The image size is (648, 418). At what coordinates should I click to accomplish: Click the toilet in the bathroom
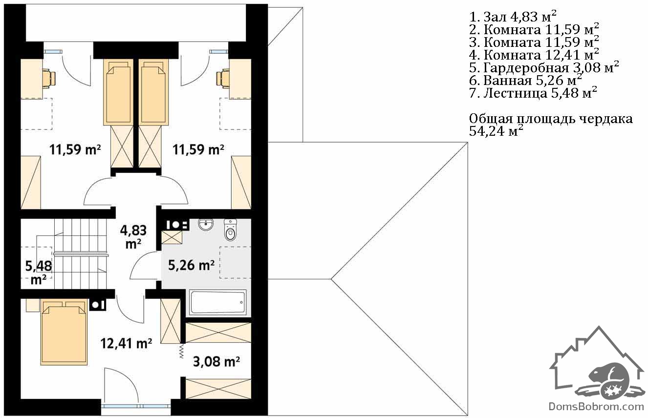(230, 230)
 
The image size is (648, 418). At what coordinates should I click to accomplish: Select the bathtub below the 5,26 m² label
(218, 302)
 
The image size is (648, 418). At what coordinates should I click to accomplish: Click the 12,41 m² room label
(126, 343)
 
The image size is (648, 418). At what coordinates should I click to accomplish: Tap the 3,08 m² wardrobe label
(216, 361)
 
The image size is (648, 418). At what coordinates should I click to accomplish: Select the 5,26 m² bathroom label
(191, 265)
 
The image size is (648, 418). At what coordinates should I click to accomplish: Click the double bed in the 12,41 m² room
(64, 332)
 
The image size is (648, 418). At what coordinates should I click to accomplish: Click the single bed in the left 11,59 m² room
(118, 92)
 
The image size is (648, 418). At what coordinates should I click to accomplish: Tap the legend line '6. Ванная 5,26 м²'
(526, 80)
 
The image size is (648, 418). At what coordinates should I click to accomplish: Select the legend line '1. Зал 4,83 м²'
(513, 17)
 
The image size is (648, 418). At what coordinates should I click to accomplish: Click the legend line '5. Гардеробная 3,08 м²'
(544, 67)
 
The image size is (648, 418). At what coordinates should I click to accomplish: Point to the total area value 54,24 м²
(496, 131)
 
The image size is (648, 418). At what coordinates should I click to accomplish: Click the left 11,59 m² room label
(75, 150)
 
